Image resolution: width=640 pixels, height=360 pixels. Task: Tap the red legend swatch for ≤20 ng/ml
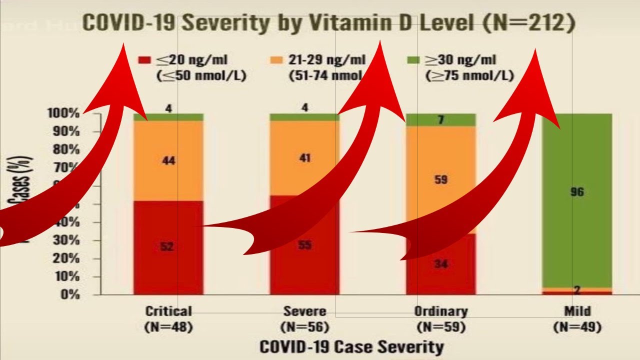(144, 60)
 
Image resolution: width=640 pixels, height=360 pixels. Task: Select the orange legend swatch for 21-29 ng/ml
(277, 60)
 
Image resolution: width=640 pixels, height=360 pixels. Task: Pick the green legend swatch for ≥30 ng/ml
(413, 60)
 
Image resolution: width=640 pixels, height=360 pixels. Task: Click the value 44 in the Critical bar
(168, 161)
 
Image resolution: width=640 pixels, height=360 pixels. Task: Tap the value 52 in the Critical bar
(168, 246)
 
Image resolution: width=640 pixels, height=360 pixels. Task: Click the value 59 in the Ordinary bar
(440, 179)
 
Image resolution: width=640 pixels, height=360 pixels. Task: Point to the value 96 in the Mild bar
(577, 192)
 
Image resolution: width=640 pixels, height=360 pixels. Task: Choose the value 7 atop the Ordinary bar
(440, 120)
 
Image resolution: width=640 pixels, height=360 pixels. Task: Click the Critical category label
(168, 311)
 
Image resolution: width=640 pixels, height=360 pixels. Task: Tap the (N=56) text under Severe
(304, 327)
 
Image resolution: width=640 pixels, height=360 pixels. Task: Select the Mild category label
(577, 311)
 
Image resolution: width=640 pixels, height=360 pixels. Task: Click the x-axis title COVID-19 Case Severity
(351, 347)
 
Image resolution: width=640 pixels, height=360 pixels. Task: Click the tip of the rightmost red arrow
(535, 50)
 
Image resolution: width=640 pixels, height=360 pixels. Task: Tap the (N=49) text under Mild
(577, 327)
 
